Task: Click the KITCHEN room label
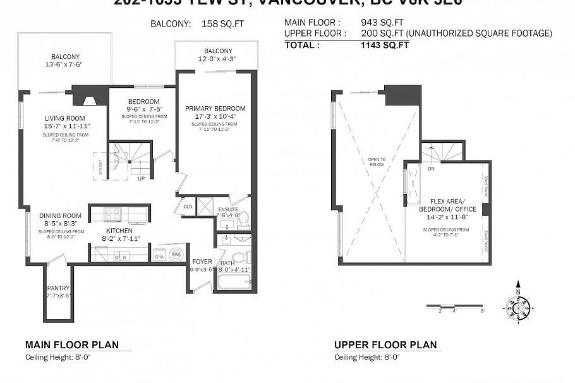pyautogui.click(x=118, y=230)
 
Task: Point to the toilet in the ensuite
pyautogui.click(x=245, y=219)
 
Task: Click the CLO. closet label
pyautogui.click(x=188, y=206)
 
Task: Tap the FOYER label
pyautogui.click(x=203, y=261)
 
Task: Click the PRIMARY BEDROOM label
pyautogui.click(x=215, y=109)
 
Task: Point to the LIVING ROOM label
pyautogui.click(x=64, y=118)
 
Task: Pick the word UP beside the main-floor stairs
pyautogui.click(x=142, y=178)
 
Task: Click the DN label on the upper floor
pyautogui.click(x=431, y=169)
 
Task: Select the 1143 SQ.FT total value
pyautogui.click(x=384, y=45)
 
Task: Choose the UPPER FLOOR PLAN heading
pyautogui.click(x=385, y=345)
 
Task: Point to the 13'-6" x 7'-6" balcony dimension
pyautogui.click(x=64, y=64)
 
